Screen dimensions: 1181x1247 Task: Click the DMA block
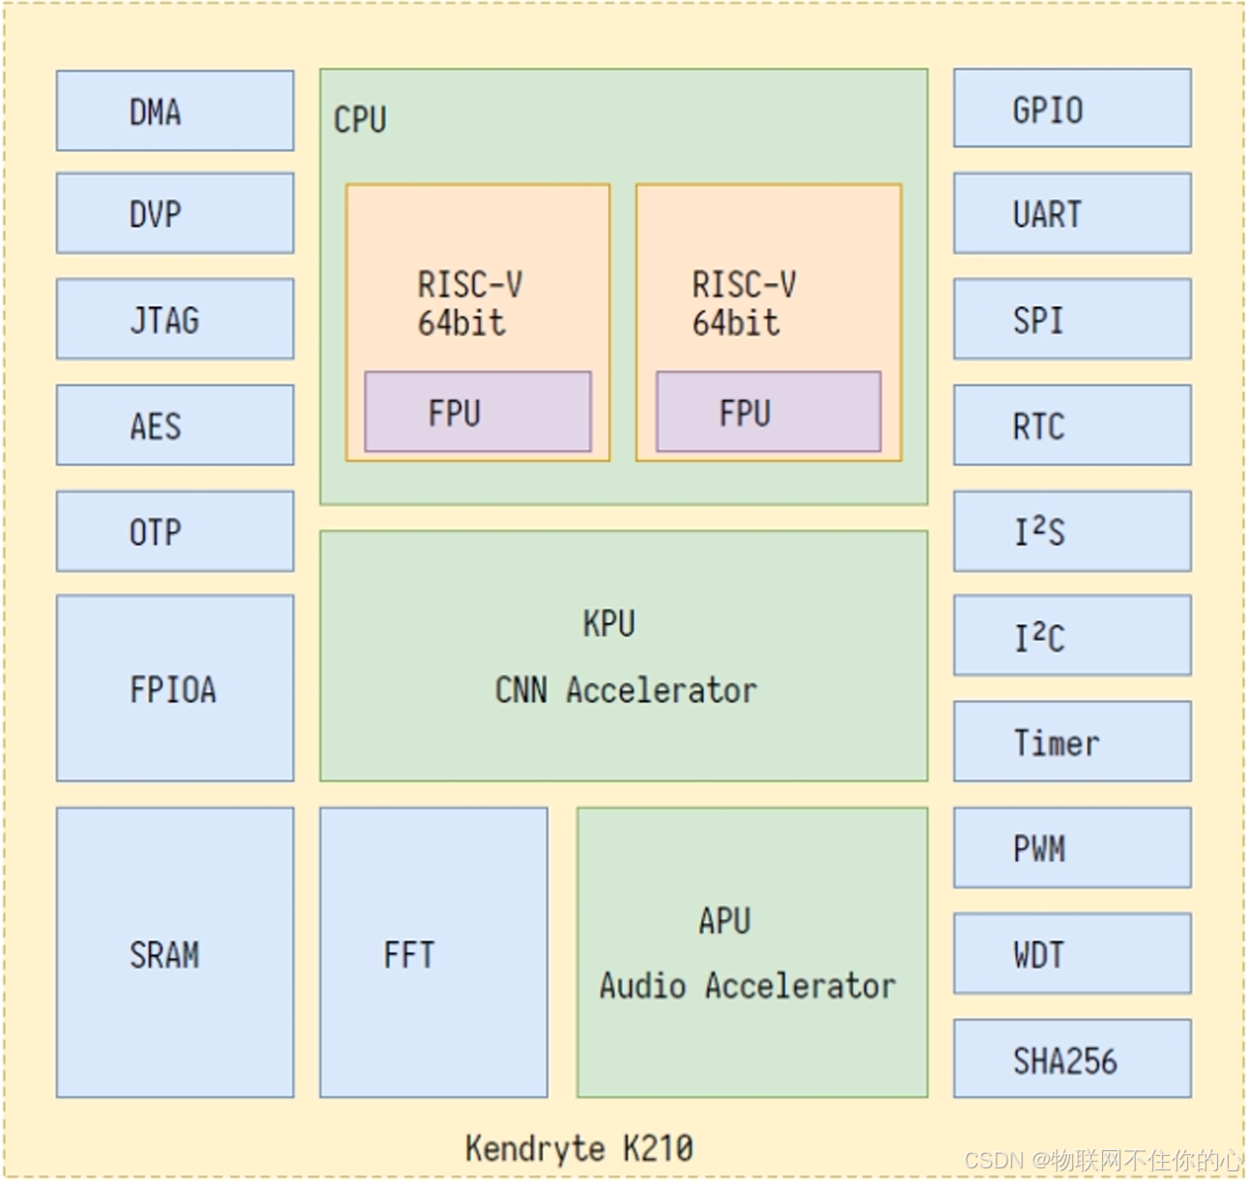pos(175,111)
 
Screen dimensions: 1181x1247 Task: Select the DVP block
pos(175,213)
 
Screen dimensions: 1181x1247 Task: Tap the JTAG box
pos(175,319)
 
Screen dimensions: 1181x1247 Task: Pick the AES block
pos(175,425)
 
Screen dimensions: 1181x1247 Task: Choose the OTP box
pos(175,531)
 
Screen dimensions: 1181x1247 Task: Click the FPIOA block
pos(175,689)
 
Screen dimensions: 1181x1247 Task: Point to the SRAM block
pos(175,953)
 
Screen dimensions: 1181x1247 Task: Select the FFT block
pos(434,953)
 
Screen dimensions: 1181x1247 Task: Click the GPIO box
pos(1072,109)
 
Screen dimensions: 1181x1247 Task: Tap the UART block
pos(1072,213)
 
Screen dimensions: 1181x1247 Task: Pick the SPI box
pos(1072,319)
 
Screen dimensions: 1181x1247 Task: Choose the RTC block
pos(1072,425)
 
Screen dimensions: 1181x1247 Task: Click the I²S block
pos(1072,531)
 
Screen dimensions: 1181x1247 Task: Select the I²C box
pos(1072,636)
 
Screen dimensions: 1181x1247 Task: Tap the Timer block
pos(1072,742)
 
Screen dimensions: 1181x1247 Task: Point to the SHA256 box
pos(1072,1059)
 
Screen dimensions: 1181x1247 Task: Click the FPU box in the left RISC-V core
pos(478,412)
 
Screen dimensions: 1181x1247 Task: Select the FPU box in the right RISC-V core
pos(769,412)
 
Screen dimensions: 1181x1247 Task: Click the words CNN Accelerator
pos(626,690)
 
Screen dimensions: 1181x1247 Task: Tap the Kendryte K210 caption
pos(579,1148)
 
